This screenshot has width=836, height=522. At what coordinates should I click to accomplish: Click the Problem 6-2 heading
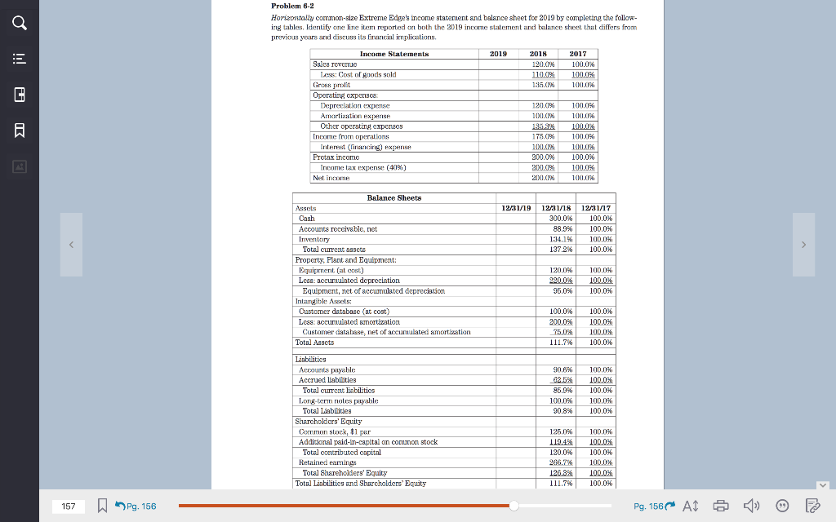290,7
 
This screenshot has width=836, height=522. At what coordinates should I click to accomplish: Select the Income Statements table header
394,54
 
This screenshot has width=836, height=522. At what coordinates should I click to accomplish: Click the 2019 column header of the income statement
498,54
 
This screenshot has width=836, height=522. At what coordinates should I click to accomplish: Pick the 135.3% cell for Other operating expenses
543,126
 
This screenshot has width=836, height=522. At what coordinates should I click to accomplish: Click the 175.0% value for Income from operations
543,136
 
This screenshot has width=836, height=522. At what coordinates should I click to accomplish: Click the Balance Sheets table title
394,197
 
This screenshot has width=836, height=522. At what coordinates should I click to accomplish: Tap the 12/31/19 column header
516,208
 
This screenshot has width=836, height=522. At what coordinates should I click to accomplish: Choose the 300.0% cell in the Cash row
559,219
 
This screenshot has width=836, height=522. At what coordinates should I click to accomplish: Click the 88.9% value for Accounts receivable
559,229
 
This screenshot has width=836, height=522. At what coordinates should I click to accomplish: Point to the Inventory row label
314,239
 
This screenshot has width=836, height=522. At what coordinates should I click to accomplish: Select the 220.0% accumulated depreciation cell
559,281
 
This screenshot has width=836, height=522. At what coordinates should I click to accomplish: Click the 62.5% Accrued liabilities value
559,379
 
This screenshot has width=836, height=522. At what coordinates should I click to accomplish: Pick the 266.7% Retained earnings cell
559,462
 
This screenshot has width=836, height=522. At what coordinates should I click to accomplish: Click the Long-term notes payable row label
339,400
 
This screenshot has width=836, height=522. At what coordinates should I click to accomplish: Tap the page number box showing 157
69,507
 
